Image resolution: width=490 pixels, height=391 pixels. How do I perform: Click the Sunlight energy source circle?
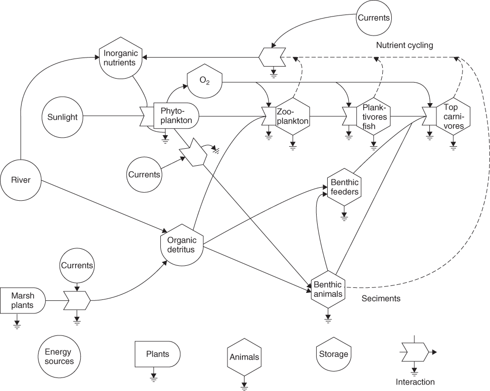(63, 117)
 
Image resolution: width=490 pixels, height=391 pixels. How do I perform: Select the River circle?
(21, 180)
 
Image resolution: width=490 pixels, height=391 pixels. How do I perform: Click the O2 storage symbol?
(204, 81)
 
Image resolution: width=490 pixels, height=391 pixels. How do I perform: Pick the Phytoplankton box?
(173, 116)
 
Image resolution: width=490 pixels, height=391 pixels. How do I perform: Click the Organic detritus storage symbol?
(181, 244)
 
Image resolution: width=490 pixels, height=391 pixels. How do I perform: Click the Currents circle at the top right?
(373, 18)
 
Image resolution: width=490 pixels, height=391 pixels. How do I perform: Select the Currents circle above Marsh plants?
(77, 265)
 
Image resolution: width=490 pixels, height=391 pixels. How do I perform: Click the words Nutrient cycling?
(404, 46)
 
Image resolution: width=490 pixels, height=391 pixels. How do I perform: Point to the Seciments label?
(381, 298)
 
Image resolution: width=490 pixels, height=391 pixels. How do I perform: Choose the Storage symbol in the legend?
(333, 354)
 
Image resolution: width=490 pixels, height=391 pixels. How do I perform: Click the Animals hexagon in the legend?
(244, 357)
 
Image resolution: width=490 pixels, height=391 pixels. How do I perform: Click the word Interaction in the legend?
(415, 382)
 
